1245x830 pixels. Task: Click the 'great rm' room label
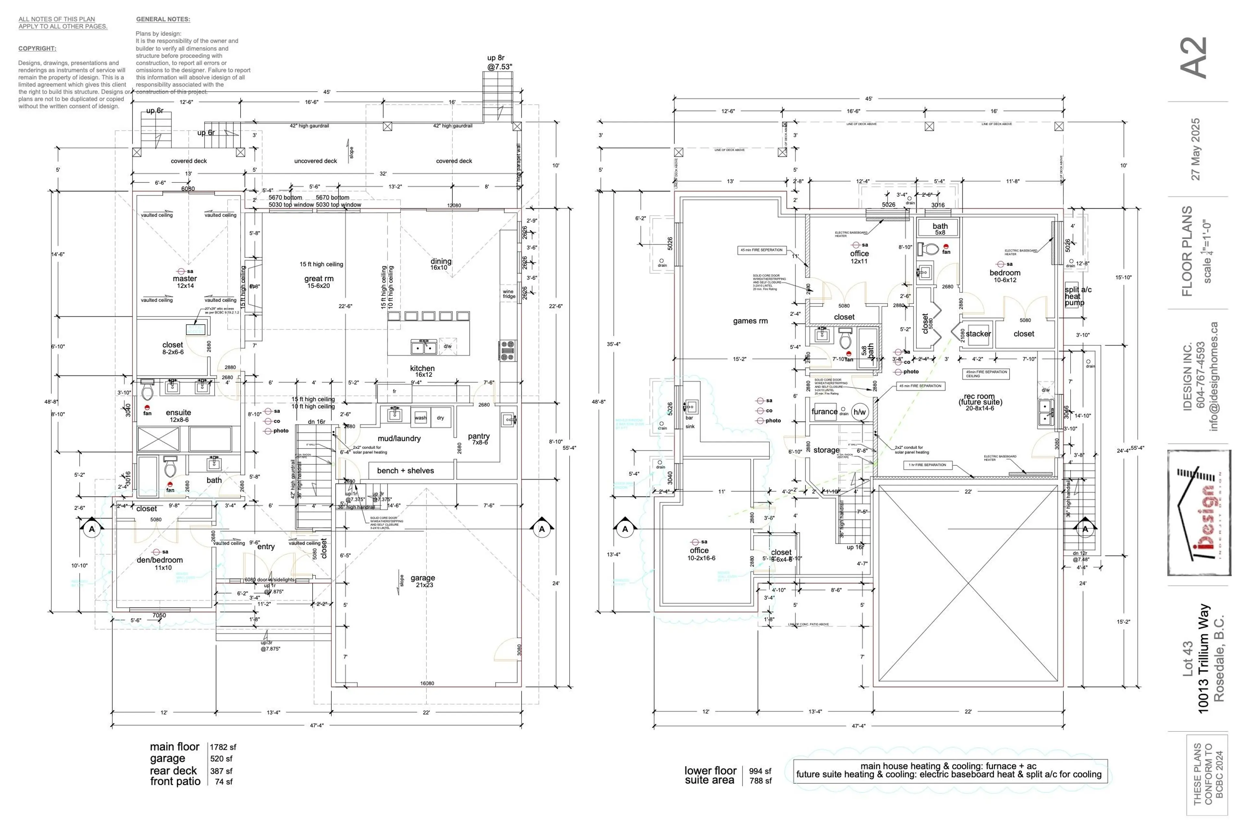319,279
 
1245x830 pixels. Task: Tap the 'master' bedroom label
185,279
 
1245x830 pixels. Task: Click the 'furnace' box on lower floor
824,412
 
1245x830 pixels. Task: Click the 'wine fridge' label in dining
509,294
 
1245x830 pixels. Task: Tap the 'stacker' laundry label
978,334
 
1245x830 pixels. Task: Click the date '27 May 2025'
1196,149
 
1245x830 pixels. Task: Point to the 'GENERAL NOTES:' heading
163,19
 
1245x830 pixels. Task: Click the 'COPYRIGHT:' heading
37,49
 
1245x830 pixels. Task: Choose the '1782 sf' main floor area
223,747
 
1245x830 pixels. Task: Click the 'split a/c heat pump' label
1078,296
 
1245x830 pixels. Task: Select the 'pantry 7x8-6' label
479,439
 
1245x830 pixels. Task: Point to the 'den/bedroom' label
160,560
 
